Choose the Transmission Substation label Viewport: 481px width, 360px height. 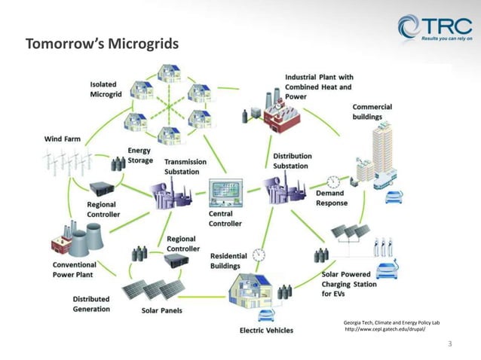(x=181, y=166)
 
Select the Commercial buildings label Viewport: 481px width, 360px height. (x=372, y=112)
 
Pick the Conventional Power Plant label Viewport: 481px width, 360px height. (x=74, y=270)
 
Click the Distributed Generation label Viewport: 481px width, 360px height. (x=91, y=304)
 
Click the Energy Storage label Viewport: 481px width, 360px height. (x=140, y=155)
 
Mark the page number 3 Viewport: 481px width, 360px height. (x=450, y=344)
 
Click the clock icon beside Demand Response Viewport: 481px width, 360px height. (x=333, y=182)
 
